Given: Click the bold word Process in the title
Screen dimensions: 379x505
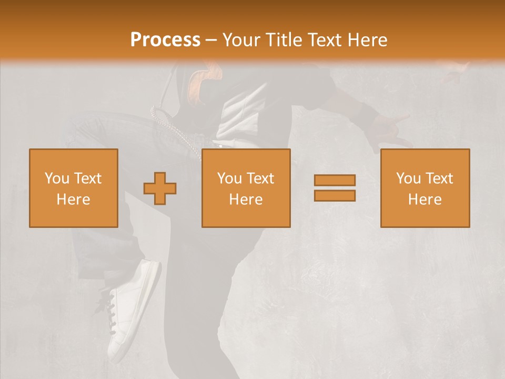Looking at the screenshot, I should point(165,40).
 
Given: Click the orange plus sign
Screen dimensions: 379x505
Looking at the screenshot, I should point(160,188).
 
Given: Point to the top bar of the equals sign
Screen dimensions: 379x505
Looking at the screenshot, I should point(335,180).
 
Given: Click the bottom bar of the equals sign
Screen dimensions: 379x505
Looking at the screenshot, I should point(335,195).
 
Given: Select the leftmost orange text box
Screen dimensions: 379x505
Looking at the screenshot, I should point(73,188).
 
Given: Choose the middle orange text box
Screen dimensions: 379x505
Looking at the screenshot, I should point(246,188).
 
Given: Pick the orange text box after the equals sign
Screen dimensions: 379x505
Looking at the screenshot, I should point(425,188).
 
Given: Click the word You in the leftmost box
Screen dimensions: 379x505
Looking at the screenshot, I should point(57,178).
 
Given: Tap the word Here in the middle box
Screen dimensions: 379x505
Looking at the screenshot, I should point(246,199).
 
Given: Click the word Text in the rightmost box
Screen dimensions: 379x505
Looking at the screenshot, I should point(439,178).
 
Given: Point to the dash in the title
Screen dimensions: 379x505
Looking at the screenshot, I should point(211,40).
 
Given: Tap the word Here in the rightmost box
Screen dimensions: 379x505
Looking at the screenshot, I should point(425,199).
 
